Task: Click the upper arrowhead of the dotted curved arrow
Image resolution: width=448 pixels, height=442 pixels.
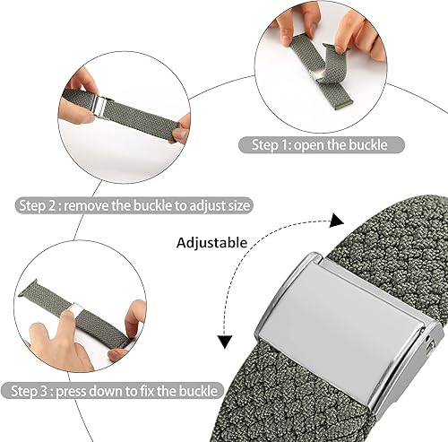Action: [x=337, y=220]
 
